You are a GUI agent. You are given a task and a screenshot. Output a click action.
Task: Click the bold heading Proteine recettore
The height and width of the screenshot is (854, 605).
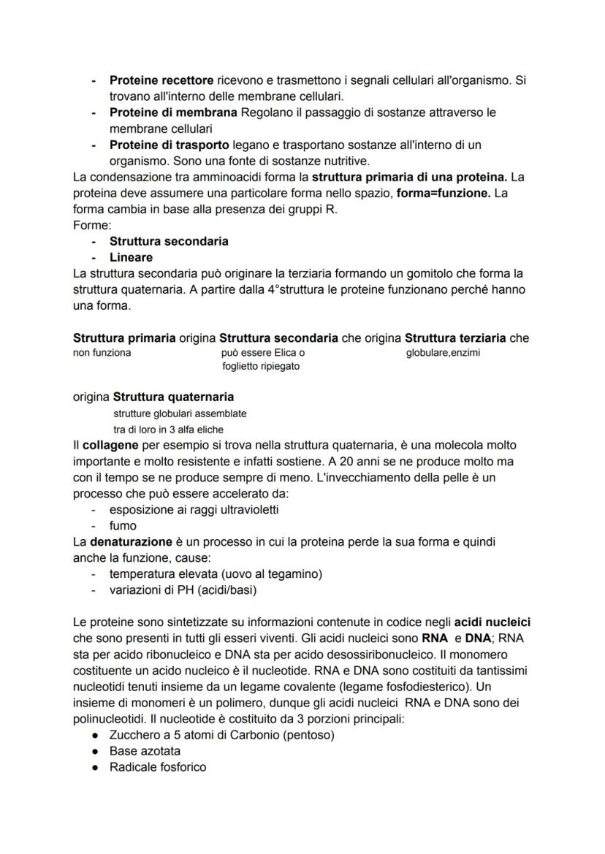click(161, 80)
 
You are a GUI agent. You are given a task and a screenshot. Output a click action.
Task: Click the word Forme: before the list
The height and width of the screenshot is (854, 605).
click(91, 226)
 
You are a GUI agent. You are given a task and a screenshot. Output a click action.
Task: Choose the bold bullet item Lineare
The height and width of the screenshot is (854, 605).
click(131, 257)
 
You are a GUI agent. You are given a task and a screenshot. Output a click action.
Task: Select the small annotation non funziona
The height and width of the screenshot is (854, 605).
click(102, 353)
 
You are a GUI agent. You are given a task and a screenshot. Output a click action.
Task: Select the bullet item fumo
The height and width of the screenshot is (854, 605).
click(123, 525)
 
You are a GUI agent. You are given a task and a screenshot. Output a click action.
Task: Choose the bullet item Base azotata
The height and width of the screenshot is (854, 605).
click(145, 750)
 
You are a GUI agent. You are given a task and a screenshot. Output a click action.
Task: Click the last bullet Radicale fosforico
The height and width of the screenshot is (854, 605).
click(157, 767)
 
